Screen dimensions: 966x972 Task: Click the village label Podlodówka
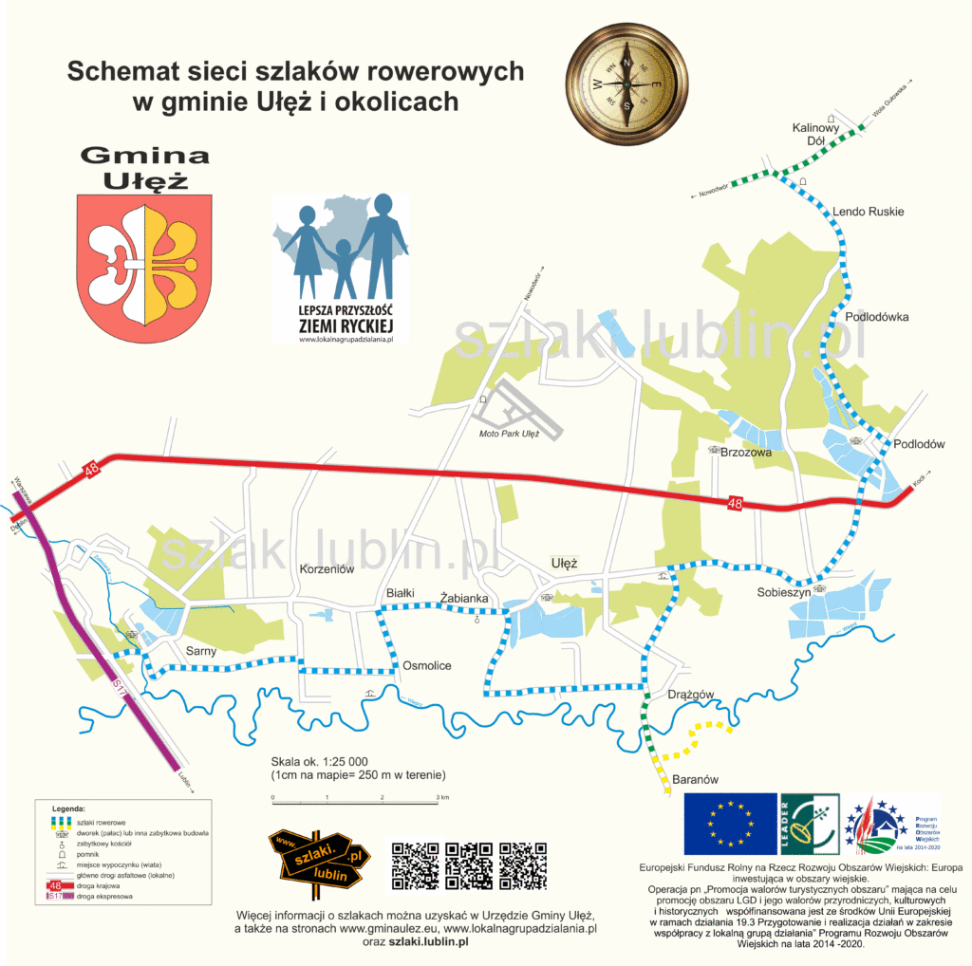tap(876, 317)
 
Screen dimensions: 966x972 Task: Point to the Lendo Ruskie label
tap(868, 212)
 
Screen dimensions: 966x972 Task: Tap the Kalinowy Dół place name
tap(816, 134)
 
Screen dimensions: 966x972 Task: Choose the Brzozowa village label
tap(746, 454)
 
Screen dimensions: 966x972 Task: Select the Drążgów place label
tap(690, 695)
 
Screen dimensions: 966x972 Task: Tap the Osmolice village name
tap(427, 665)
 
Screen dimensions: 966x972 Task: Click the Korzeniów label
tap(327, 568)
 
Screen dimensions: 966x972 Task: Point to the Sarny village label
tap(201, 651)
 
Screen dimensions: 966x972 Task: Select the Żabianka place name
tap(464, 598)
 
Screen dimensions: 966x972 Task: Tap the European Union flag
tap(728, 824)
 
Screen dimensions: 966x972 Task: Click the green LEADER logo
tap(809, 824)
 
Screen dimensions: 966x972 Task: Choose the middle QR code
tap(470, 865)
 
